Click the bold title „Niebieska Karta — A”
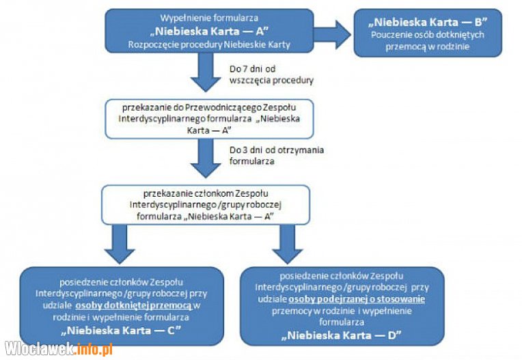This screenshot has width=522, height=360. click(x=209, y=31)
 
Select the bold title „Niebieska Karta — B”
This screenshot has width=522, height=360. click(x=428, y=22)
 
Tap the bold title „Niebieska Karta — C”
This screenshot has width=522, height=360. click(x=121, y=331)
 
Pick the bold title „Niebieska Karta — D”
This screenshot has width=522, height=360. click(x=342, y=335)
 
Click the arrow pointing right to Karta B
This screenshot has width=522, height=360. click(x=332, y=35)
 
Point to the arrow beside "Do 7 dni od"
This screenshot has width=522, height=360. click(x=206, y=72)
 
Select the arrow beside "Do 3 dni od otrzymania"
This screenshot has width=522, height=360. click(x=206, y=158)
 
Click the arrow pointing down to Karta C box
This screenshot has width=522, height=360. click(x=120, y=245)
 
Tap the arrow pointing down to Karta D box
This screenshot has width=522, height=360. click(x=287, y=245)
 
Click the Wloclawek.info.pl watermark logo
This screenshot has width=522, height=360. click(x=59, y=349)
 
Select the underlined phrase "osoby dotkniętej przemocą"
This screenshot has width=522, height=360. click(x=134, y=305)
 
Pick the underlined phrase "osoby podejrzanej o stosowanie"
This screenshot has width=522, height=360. click(x=357, y=299)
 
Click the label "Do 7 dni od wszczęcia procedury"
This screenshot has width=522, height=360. click(x=271, y=74)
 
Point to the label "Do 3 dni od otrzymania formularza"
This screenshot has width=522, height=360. click(x=276, y=155)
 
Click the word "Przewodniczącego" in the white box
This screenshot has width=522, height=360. click(x=223, y=107)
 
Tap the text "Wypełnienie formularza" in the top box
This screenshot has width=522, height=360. click(x=209, y=18)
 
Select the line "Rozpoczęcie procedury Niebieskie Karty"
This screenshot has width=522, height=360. click(x=209, y=44)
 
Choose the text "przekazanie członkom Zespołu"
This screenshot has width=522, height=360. click(x=206, y=193)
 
